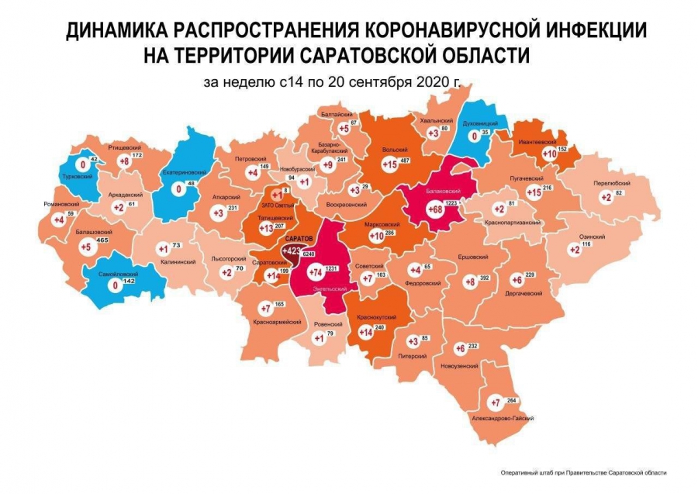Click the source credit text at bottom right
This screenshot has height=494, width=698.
click(x=584, y=472)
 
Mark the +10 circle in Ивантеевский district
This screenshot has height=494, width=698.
click(x=550, y=154)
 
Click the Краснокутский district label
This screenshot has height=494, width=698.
click(x=377, y=317)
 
